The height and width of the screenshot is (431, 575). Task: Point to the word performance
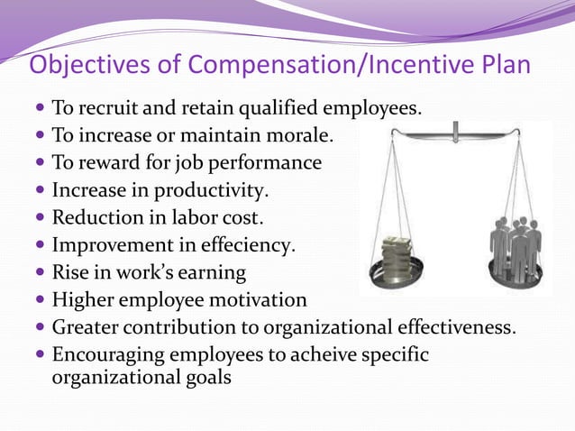265,164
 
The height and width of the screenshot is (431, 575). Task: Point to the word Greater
88,326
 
